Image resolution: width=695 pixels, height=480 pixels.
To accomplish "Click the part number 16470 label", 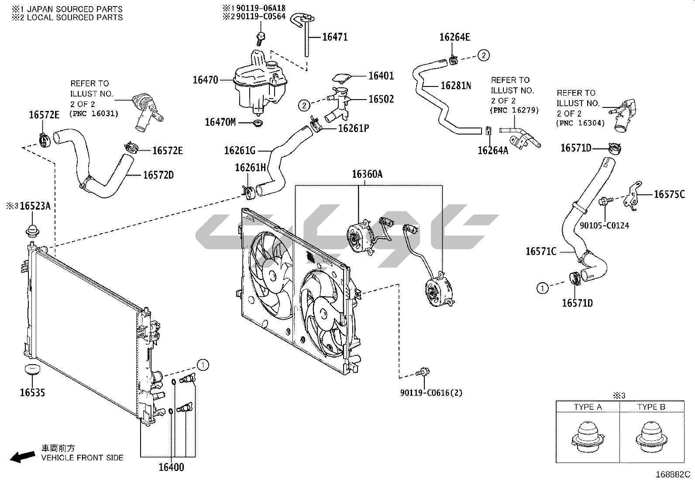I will [205, 80].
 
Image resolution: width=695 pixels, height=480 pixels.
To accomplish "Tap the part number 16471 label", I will [335, 37].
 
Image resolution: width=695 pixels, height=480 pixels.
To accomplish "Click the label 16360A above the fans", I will [367, 174].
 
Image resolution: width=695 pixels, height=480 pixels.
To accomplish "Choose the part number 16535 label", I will [32, 393].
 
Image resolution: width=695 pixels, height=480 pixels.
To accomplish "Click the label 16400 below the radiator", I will [171, 467].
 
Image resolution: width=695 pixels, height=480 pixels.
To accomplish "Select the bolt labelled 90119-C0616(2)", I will [423, 373].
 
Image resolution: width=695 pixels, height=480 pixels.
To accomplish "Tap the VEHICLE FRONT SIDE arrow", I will [23, 457].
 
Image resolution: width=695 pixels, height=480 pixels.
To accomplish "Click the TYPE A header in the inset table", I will [588, 407].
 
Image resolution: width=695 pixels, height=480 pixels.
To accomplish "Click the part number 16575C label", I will [669, 194].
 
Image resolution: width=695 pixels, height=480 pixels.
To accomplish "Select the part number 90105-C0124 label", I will [605, 226].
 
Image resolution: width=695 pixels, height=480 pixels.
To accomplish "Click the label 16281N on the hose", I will [456, 86].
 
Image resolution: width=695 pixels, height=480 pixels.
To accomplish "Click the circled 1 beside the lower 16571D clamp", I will [543, 288].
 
